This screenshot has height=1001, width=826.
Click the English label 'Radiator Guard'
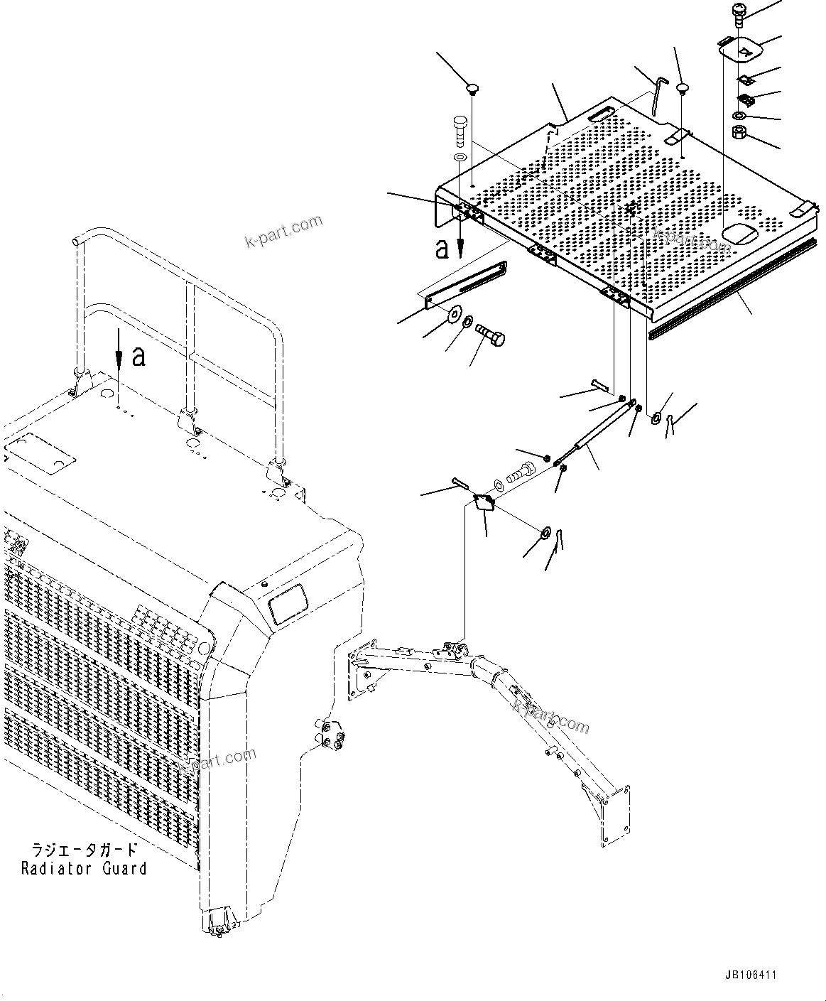tap(84, 868)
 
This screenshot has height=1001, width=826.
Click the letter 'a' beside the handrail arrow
tap(139, 356)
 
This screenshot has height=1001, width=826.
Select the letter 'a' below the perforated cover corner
tap(442, 248)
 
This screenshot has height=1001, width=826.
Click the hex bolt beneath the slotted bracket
tap(491, 332)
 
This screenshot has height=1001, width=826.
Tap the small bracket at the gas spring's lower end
tap(484, 502)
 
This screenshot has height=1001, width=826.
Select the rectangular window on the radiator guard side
tap(288, 600)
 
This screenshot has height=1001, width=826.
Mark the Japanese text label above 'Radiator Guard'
tap(84, 850)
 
